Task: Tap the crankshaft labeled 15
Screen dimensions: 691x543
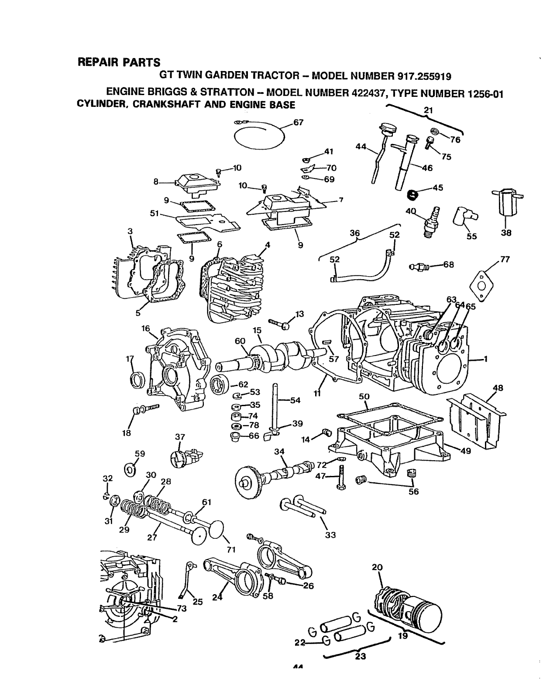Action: pyautogui.click(x=271, y=353)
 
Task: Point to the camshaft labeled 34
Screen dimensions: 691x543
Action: pyautogui.click(x=279, y=473)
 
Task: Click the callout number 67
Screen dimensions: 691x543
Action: pyautogui.click(x=298, y=123)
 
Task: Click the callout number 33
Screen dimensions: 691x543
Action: pyautogui.click(x=330, y=535)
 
